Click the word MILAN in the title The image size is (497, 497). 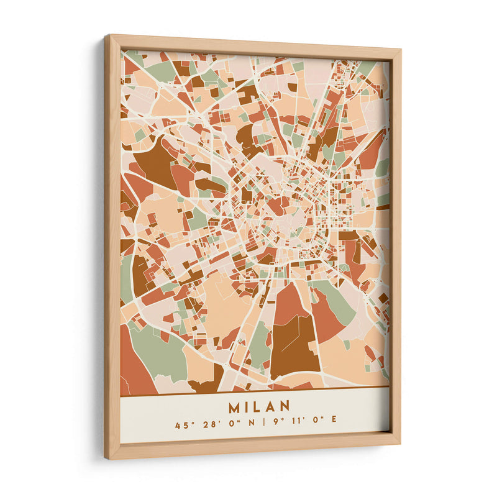coord(259,407)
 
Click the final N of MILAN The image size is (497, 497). coord(285,407)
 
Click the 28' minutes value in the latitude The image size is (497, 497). coord(207,426)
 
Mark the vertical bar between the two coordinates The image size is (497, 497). coord(262,426)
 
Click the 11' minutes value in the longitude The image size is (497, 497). coord(297,426)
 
